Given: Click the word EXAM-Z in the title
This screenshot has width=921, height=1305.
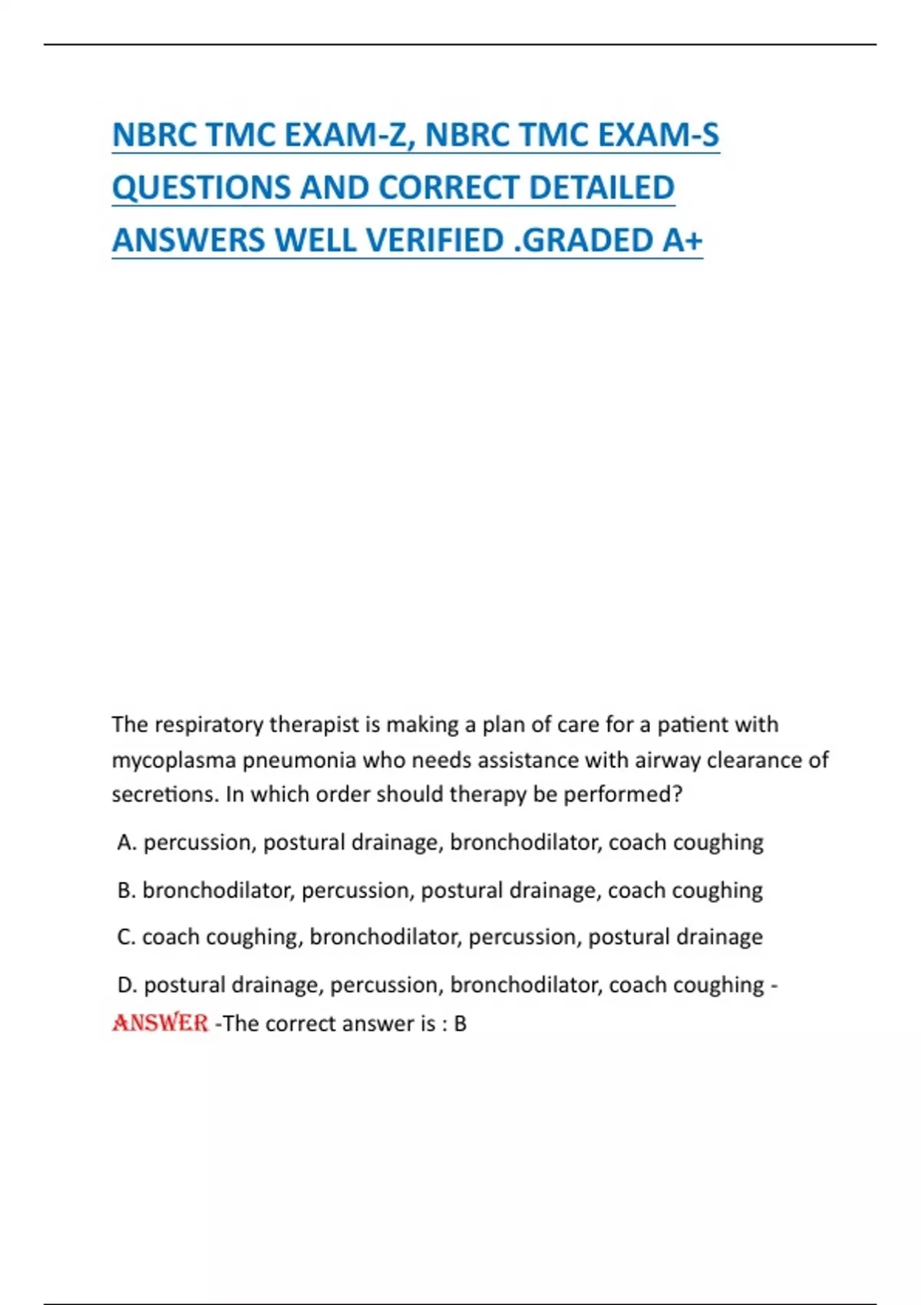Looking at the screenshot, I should click(x=350, y=135).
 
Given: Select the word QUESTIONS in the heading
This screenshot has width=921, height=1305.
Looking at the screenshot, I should click(x=200, y=188).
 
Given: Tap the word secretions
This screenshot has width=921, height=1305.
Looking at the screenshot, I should click(x=164, y=795).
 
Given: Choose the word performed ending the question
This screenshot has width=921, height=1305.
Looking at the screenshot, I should click(x=622, y=795).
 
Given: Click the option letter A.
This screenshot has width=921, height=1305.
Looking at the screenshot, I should click(x=126, y=843).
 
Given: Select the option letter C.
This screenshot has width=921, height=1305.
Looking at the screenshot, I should click(x=126, y=937).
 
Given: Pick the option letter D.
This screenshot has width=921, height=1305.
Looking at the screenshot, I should click(x=126, y=985).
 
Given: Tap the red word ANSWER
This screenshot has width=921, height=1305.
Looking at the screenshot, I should click(x=160, y=1023).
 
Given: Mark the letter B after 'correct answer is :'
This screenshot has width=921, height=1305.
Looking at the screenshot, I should click(x=460, y=1024).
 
